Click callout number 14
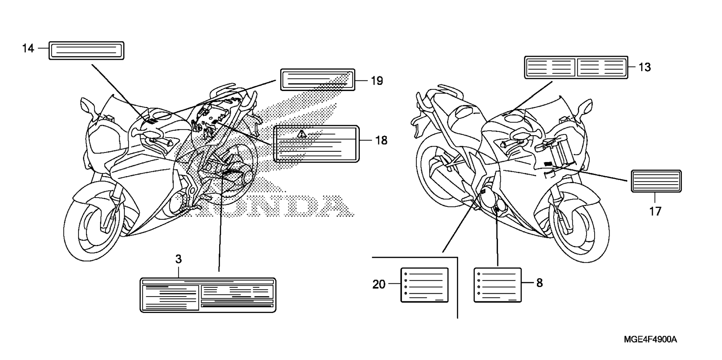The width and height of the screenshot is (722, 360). [28, 48]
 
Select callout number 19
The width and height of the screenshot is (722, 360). [377, 81]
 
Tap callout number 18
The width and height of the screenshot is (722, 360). [381, 141]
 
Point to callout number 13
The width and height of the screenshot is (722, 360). [645, 67]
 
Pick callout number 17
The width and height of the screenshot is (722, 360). [655, 212]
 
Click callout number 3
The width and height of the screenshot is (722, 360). [179, 259]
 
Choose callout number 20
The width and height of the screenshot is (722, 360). [379, 284]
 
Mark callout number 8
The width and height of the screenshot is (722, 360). [540, 283]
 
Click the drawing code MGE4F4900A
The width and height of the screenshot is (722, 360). [651, 340]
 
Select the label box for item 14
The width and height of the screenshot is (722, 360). [86, 50]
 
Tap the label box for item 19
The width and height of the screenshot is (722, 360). [318, 80]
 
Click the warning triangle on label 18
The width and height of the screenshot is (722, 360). [301, 134]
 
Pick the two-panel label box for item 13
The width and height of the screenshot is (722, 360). [576, 68]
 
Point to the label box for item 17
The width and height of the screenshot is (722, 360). [656, 181]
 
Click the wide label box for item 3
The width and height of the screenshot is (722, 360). [208, 295]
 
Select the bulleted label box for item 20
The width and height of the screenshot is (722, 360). [425, 285]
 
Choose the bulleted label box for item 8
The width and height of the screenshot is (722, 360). [498, 285]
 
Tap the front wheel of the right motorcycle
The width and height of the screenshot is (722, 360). [579, 225]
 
